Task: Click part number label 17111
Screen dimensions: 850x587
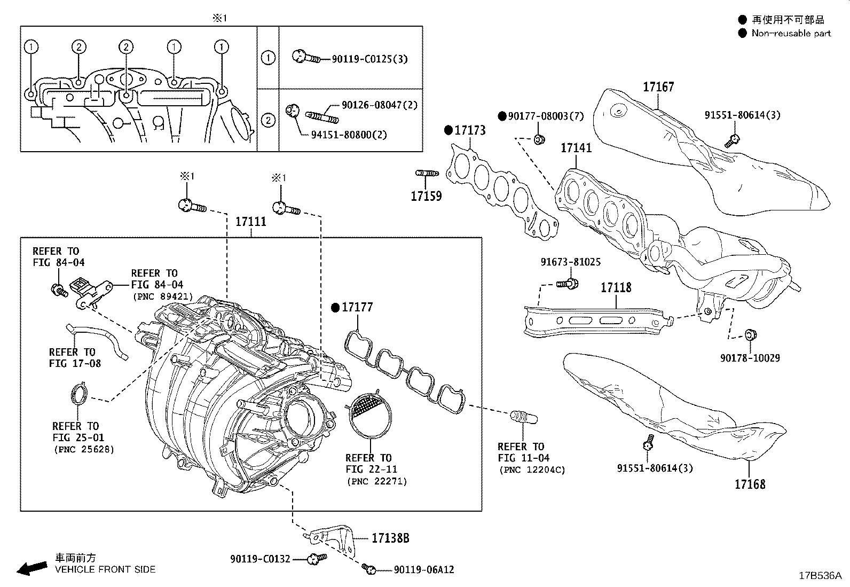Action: point(251,221)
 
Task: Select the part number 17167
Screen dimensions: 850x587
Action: point(658,87)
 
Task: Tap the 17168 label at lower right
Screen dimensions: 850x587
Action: point(749,484)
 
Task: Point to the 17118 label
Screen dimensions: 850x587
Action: point(616,288)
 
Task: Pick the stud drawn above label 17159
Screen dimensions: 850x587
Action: point(427,173)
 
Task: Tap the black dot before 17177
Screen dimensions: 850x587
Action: point(335,307)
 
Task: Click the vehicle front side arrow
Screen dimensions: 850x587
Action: point(32,568)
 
